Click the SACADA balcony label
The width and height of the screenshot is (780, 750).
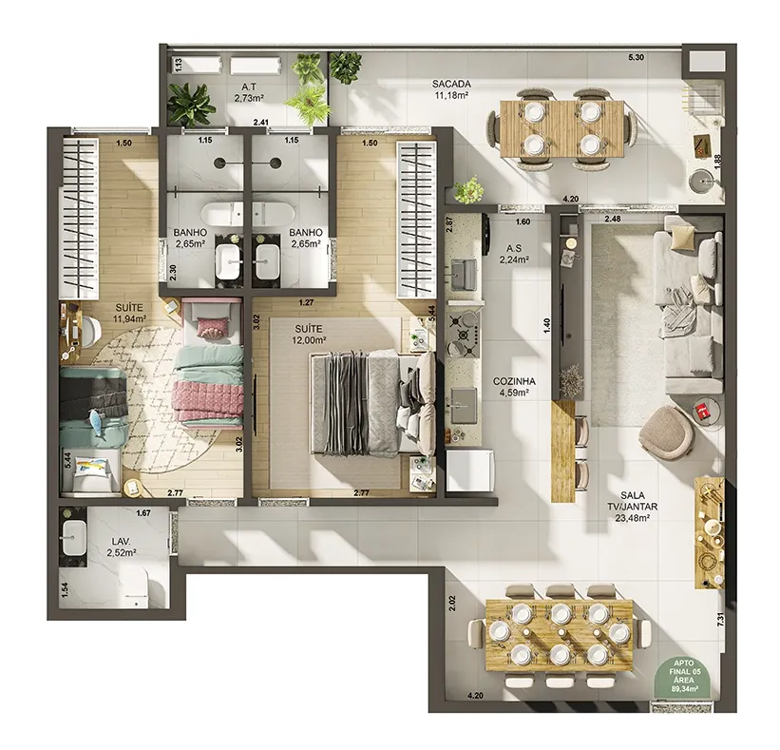tap(451, 88)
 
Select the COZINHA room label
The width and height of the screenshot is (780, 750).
tap(514, 386)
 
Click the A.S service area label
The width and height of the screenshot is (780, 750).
tap(514, 254)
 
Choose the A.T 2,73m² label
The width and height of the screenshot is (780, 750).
tap(249, 93)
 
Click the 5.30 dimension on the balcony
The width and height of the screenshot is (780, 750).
tap(636, 57)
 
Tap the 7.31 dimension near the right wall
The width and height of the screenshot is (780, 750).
tap(721, 620)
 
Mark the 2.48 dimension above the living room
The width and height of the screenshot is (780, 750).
tap(613, 219)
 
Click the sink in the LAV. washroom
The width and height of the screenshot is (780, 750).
tap(73, 537)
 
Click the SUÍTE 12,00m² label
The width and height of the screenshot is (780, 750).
tap(310, 335)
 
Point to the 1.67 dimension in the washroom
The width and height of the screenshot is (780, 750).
tap(143, 512)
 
